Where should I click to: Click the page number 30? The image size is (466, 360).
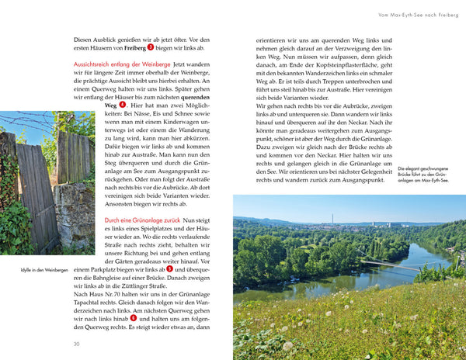(x=76, y=344)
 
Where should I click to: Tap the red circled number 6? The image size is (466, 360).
(x=134, y=317)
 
